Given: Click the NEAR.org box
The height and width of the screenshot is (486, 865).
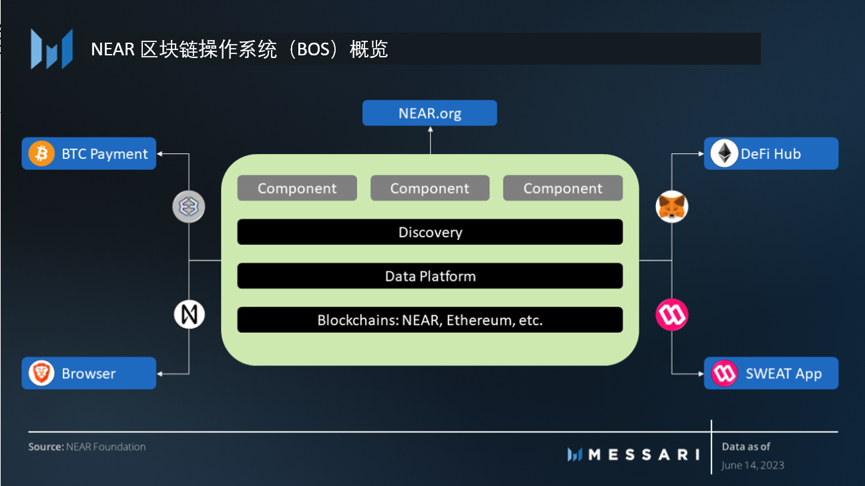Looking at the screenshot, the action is point(429,113).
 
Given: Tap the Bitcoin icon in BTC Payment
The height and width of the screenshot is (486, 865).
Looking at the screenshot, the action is point(41,153).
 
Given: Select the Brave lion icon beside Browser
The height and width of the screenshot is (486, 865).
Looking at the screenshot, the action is point(41,373).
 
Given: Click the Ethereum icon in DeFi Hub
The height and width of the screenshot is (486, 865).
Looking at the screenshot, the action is point(724,153).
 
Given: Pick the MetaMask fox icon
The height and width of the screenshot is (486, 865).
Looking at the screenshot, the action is point(671,207).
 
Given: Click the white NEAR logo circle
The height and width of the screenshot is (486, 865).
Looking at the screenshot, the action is point(190,315).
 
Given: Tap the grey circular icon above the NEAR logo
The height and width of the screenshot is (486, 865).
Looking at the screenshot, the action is point(188,207).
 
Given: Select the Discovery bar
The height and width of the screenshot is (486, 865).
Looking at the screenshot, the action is point(430,232).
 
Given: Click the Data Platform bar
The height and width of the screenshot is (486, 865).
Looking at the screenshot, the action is point(430,276).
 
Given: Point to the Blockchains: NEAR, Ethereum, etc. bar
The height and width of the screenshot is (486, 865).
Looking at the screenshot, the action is point(430,320).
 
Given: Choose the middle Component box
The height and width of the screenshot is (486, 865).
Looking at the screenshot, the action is point(430,188).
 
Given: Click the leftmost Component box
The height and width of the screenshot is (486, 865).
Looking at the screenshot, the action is point(297,188).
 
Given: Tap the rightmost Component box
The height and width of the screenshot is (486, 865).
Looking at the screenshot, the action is point(563,188).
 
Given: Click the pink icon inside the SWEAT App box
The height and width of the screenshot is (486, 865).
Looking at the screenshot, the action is point(724,373).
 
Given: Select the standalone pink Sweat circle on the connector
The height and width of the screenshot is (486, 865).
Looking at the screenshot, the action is point(671,315).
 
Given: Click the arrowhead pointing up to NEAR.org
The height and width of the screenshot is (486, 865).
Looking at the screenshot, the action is point(430,129).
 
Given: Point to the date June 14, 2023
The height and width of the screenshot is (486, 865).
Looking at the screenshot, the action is point(753,465).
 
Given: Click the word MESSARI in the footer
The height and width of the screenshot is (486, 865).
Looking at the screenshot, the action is point(644,455).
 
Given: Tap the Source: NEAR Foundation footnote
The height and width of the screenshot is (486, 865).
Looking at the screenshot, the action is point(87,447).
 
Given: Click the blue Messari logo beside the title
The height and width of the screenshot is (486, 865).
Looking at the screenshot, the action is point(52,49).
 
